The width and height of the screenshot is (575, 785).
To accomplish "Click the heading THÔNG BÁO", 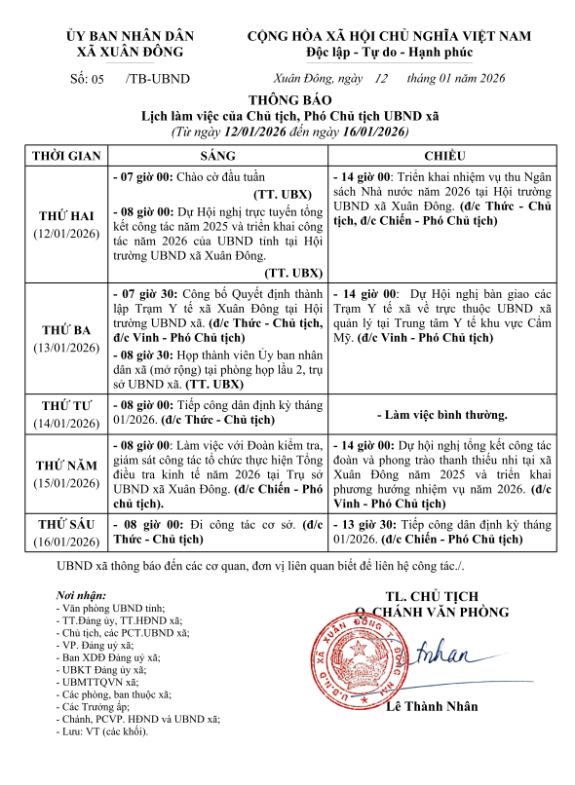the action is [290, 100].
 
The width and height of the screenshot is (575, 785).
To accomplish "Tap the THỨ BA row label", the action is [66, 329].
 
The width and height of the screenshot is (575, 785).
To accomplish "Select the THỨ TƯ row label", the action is [66, 405].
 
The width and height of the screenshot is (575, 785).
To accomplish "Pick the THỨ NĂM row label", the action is [66, 465].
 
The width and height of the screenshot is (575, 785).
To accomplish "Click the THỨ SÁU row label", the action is [66, 523].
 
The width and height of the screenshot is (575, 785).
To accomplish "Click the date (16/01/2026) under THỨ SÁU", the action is [66, 542].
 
